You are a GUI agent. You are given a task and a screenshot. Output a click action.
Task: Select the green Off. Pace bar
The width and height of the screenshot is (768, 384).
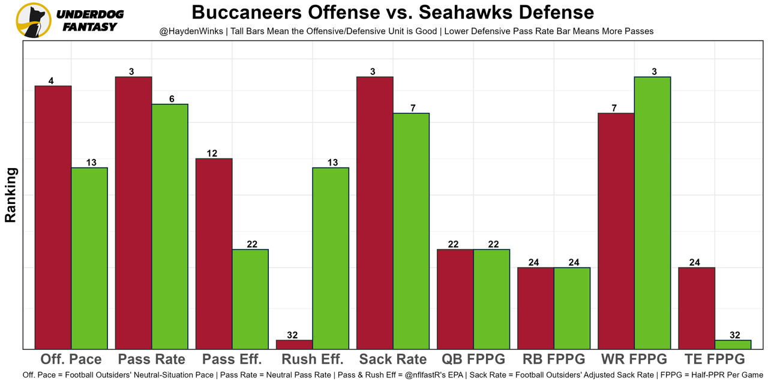(89, 258)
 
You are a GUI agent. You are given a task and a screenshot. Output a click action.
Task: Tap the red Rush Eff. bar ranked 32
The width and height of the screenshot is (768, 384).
(295, 344)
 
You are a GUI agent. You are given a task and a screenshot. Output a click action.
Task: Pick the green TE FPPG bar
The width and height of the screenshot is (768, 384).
(733, 344)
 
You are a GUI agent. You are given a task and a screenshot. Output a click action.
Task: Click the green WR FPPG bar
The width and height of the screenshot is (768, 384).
(652, 212)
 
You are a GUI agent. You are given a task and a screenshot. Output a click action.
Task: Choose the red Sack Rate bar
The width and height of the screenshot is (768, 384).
(375, 212)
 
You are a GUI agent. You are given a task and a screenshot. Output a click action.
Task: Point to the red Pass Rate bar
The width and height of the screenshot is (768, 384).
(134, 212)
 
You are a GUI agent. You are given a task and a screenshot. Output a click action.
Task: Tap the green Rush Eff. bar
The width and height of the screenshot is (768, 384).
(331, 258)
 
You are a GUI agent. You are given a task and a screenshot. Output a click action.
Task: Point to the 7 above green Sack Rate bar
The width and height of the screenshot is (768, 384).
(411, 108)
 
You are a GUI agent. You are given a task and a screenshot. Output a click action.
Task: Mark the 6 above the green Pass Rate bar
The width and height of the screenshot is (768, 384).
(170, 99)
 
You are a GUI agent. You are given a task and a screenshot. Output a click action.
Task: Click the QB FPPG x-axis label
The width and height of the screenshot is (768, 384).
(473, 359)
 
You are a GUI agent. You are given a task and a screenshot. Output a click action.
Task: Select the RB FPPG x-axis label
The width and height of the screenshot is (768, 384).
(554, 359)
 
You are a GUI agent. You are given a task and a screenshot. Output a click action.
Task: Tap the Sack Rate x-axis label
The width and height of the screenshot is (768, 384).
(393, 359)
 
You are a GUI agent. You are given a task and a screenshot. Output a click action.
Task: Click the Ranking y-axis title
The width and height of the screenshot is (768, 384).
(10, 195)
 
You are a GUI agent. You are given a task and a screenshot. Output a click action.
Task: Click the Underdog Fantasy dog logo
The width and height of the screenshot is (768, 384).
(33, 20)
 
